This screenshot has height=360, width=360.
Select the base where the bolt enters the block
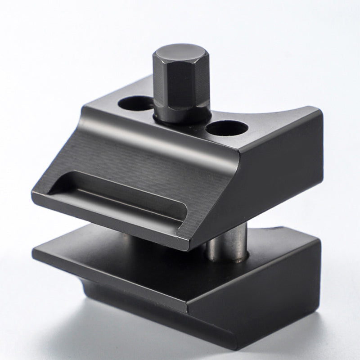point(180,121)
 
